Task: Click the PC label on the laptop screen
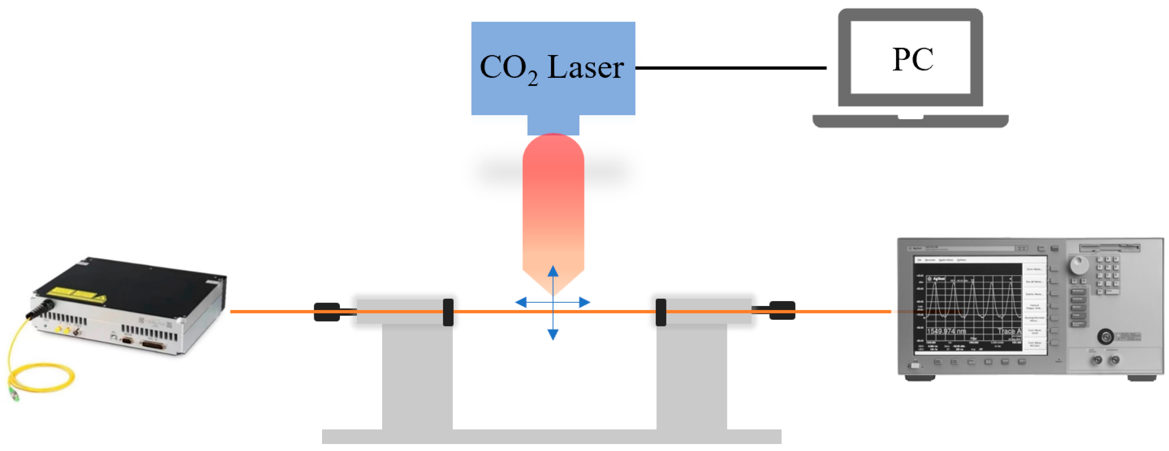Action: pos(912,60)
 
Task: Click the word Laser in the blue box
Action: pos(585,67)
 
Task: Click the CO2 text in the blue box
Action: pos(508,68)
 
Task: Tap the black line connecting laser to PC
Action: pos(731,68)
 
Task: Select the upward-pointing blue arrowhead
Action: pos(553,271)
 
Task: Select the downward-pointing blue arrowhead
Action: pos(553,335)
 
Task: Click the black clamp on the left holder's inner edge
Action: pos(448,312)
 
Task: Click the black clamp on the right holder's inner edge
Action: pos(661,312)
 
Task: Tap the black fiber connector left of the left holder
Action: pos(327,312)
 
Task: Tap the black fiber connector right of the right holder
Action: pos(782,310)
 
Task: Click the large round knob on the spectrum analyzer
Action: pos(1079,265)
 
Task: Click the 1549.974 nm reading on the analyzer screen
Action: pos(946,331)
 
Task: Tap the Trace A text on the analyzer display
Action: pos(1009,331)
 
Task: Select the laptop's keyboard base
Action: pos(910,121)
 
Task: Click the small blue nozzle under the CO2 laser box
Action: pos(553,125)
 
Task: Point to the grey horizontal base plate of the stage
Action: pos(551,436)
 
